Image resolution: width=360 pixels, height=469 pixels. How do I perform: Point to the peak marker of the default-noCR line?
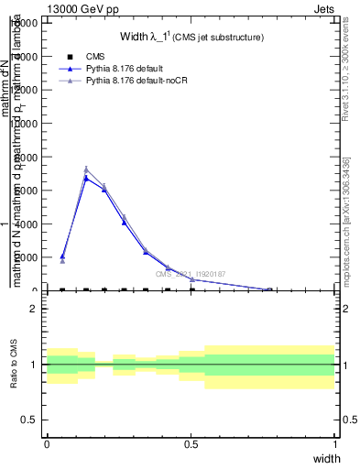[86, 169]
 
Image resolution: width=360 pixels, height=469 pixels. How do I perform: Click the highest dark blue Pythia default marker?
[86, 178]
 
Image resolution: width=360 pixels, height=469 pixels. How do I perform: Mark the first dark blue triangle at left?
[62, 256]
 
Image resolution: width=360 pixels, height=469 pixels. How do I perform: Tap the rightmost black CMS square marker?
[192, 290]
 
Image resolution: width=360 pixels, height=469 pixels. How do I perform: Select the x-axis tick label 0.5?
[191, 444]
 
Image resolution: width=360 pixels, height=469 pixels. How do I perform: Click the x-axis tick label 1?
[334, 444]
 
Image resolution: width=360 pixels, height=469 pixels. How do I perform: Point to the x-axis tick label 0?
[47, 444]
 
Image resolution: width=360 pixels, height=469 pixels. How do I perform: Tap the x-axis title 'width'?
[326, 458]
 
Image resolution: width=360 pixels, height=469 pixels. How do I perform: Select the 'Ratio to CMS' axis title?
[13, 364]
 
